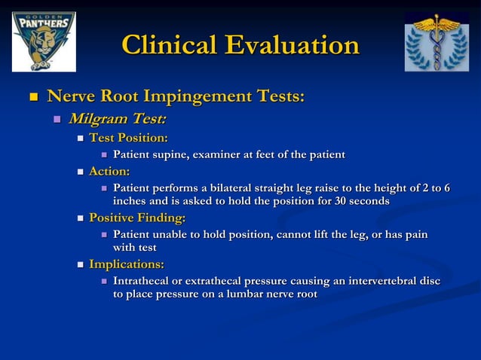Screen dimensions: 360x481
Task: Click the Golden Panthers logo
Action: pos(43,41)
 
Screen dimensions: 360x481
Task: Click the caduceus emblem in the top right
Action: pos(436,41)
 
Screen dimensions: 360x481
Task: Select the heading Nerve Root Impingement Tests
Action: pos(176,96)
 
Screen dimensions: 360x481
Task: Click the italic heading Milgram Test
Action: pos(118,119)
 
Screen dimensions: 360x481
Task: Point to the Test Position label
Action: pos(128,138)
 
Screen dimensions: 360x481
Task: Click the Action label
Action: pos(109,172)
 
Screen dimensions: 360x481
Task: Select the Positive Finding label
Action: pos(137,218)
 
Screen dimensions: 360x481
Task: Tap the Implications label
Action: pos(127,264)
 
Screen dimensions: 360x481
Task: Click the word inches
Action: pos(130,201)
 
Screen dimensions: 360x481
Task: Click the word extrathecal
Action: pos(226,281)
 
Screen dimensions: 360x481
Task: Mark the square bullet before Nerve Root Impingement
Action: pos(32,97)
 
